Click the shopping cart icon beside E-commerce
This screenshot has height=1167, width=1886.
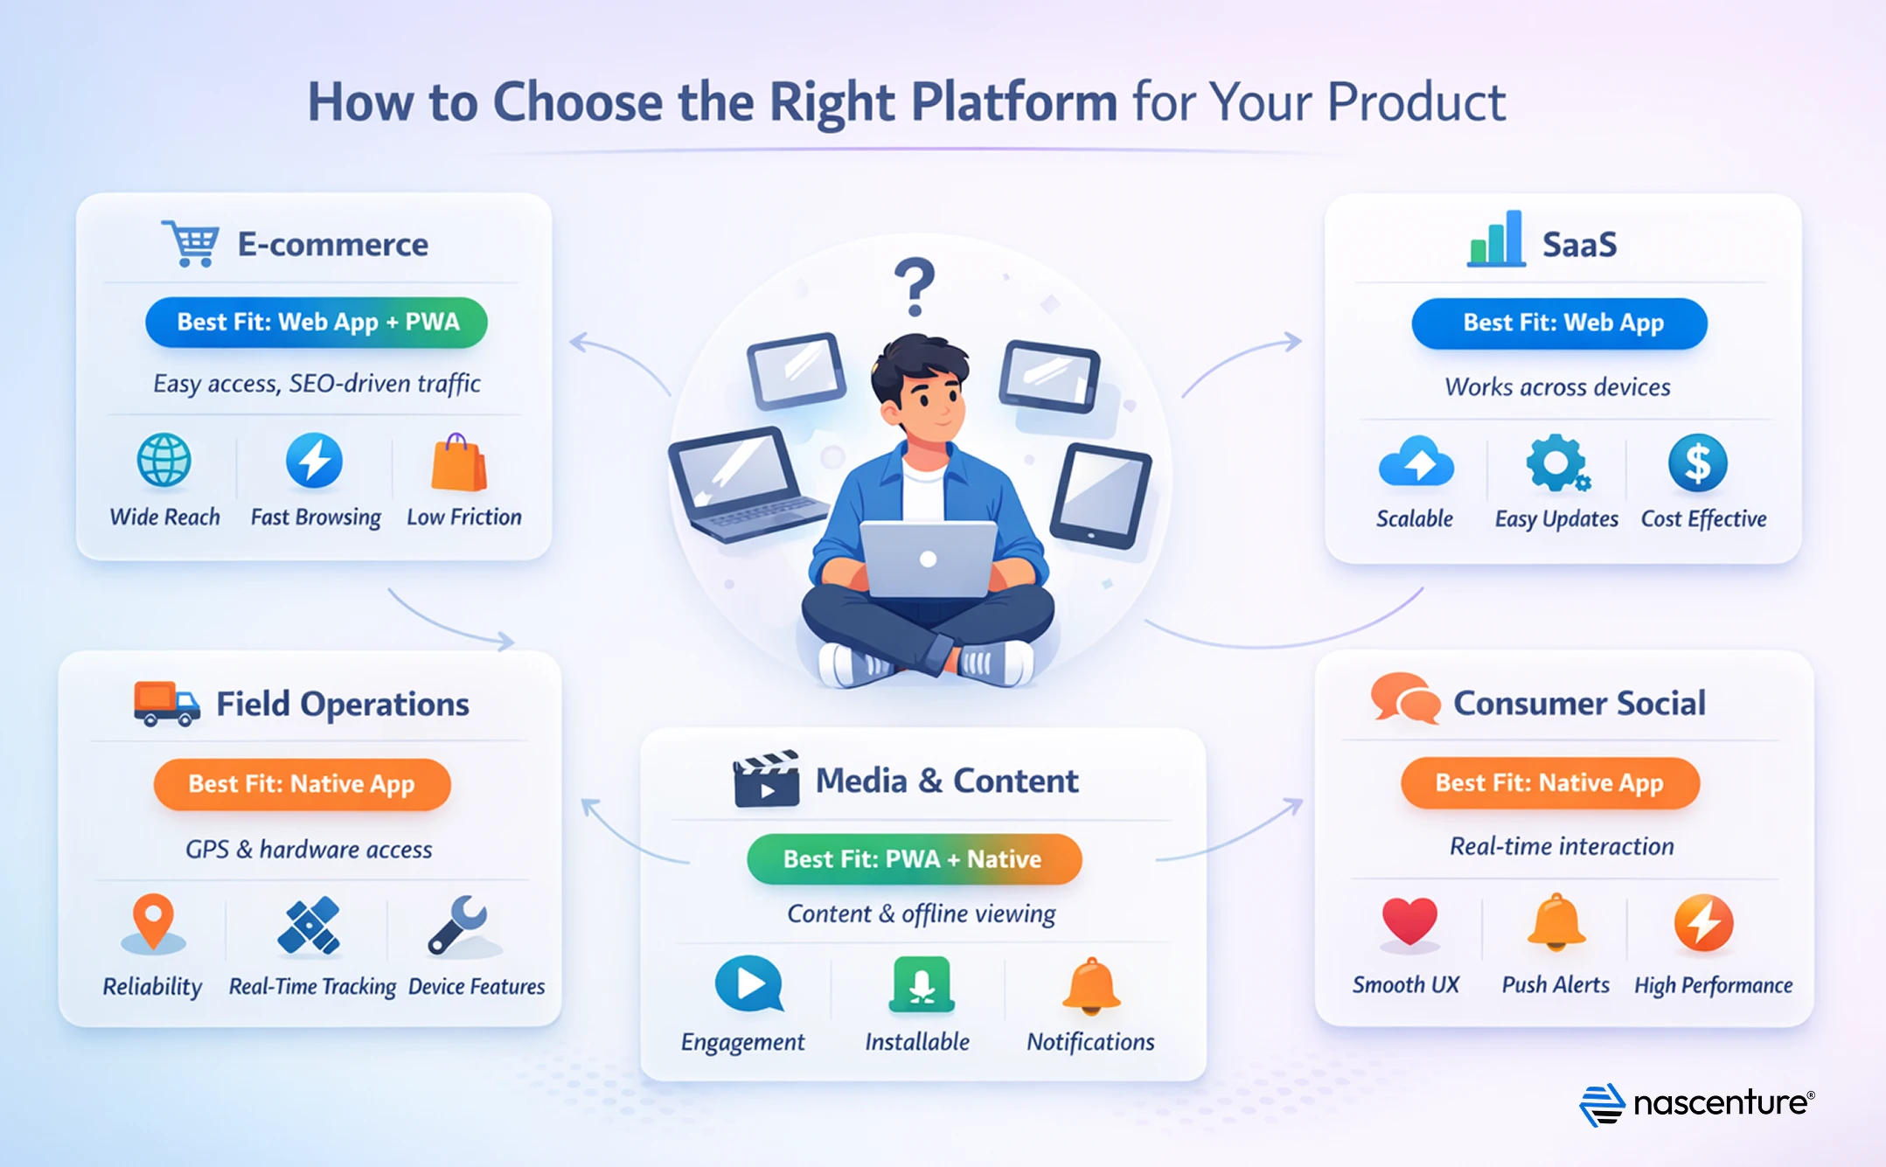191,244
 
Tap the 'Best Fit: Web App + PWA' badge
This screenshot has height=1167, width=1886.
317,322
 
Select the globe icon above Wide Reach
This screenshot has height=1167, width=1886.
164,461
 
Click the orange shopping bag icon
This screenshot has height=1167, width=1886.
459,462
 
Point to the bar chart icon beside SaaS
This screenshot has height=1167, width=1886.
1496,240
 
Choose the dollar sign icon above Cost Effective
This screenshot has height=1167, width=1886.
1697,463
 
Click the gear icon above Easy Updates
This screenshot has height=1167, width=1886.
1556,462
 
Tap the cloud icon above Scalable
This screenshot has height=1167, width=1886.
1416,462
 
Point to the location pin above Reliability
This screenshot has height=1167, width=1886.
153,921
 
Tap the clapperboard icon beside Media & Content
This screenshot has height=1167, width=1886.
766,779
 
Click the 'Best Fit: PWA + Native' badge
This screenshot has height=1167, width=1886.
914,858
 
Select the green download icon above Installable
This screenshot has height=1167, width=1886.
921,984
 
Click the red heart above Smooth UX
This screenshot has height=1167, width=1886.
1409,921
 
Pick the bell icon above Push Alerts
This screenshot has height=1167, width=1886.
1556,921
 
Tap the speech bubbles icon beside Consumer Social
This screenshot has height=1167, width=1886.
1405,699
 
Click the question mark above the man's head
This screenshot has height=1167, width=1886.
915,286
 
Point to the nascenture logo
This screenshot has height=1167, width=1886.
1696,1104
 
